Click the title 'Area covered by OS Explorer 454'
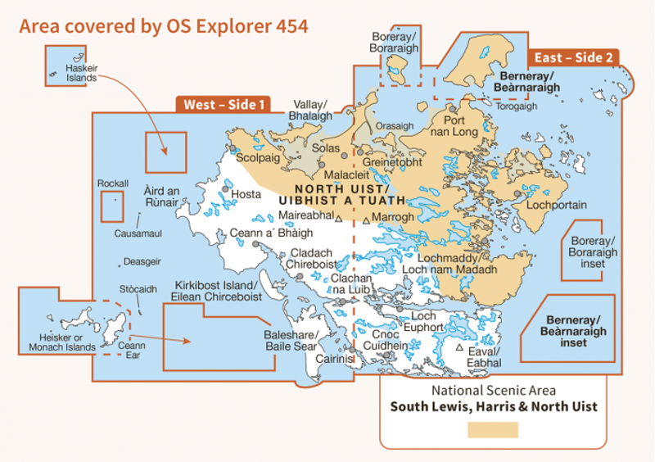[163, 25]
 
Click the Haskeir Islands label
[81, 73]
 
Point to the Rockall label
[112, 183]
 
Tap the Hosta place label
[246, 194]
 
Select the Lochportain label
[556, 205]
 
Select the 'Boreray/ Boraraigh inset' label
[588, 252]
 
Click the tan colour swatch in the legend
[493, 429]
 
